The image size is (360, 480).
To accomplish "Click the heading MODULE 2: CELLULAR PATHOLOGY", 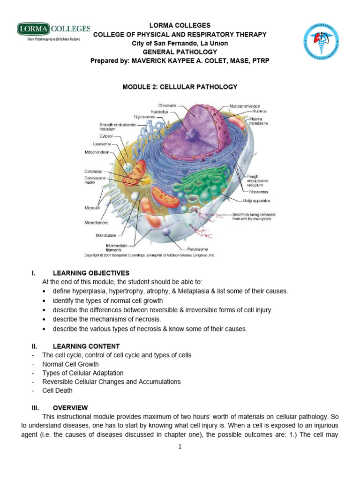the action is (180, 87).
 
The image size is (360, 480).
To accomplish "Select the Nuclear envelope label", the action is (245, 106).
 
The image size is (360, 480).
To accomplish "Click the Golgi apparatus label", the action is (256, 201).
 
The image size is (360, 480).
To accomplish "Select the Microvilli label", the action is (93, 206).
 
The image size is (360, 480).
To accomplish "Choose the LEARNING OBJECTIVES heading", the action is (91, 273).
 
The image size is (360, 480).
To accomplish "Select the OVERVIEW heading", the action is (70, 408).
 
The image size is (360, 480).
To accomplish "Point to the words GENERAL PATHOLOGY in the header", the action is (180, 52).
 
